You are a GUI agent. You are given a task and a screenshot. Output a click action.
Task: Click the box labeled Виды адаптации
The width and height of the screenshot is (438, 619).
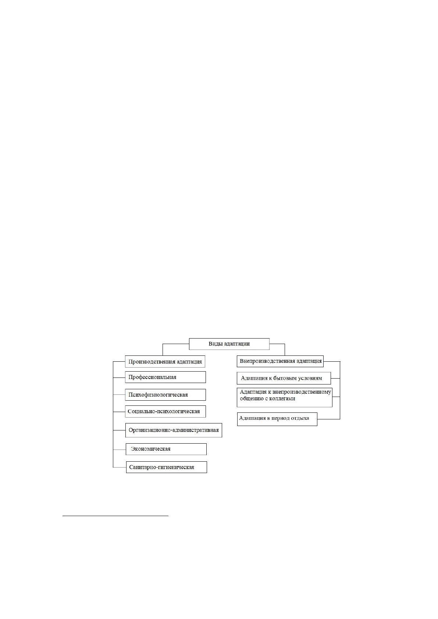(229, 344)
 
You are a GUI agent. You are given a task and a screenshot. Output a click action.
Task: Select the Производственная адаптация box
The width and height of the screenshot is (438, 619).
(165, 361)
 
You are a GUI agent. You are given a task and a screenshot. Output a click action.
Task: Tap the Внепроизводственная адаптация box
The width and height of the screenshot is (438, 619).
(280, 361)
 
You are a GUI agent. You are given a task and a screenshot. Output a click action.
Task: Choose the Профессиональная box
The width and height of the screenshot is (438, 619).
(165, 377)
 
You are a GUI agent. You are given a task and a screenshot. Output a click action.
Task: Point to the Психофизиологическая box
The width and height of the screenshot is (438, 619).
(165, 395)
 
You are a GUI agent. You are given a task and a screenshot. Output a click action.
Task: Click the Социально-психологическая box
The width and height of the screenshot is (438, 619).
(165, 411)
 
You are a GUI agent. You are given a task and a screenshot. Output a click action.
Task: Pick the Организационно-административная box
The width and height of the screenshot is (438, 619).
(174, 430)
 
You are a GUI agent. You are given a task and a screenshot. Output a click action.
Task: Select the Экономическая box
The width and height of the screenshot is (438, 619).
(166, 449)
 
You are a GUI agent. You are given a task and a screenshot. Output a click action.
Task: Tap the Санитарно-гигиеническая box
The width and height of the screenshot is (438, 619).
(167, 467)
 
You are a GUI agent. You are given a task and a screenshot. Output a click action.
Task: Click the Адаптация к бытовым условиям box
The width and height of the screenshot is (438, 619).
(284, 378)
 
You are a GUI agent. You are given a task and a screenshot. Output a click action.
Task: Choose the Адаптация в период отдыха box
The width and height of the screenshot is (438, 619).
(277, 419)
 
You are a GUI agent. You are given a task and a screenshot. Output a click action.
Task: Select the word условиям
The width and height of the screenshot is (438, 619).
(311, 378)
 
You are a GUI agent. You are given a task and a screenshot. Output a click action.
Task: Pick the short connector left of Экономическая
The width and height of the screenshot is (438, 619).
(120, 450)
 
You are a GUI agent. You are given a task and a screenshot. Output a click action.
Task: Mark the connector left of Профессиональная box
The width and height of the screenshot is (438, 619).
(119, 378)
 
